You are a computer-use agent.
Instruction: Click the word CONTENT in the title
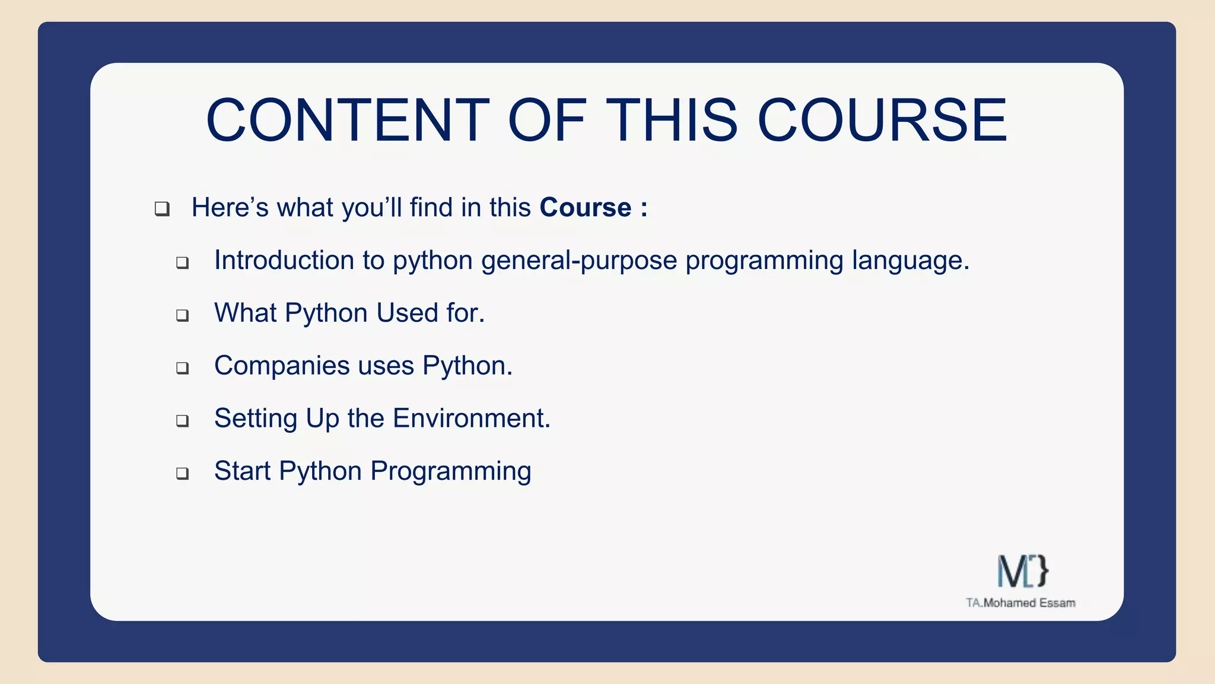click(x=348, y=121)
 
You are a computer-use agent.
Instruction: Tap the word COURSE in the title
click(x=882, y=121)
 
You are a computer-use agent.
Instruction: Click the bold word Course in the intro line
click(x=585, y=208)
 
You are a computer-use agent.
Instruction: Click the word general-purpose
click(x=579, y=261)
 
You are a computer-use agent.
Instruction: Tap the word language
click(x=910, y=261)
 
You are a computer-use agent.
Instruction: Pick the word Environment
click(x=471, y=418)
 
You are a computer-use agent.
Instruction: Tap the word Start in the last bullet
click(x=242, y=471)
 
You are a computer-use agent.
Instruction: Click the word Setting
click(x=256, y=419)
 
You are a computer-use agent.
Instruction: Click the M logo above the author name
click(x=1022, y=571)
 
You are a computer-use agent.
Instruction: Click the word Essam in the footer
click(x=1057, y=603)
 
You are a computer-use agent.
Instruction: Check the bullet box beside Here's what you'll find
click(x=162, y=209)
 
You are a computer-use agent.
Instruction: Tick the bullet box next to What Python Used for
click(x=182, y=315)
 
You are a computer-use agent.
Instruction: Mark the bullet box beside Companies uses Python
click(x=182, y=368)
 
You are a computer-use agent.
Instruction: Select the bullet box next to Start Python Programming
click(x=182, y=473)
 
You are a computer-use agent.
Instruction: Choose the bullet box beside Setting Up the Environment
click(x=182, y=421)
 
